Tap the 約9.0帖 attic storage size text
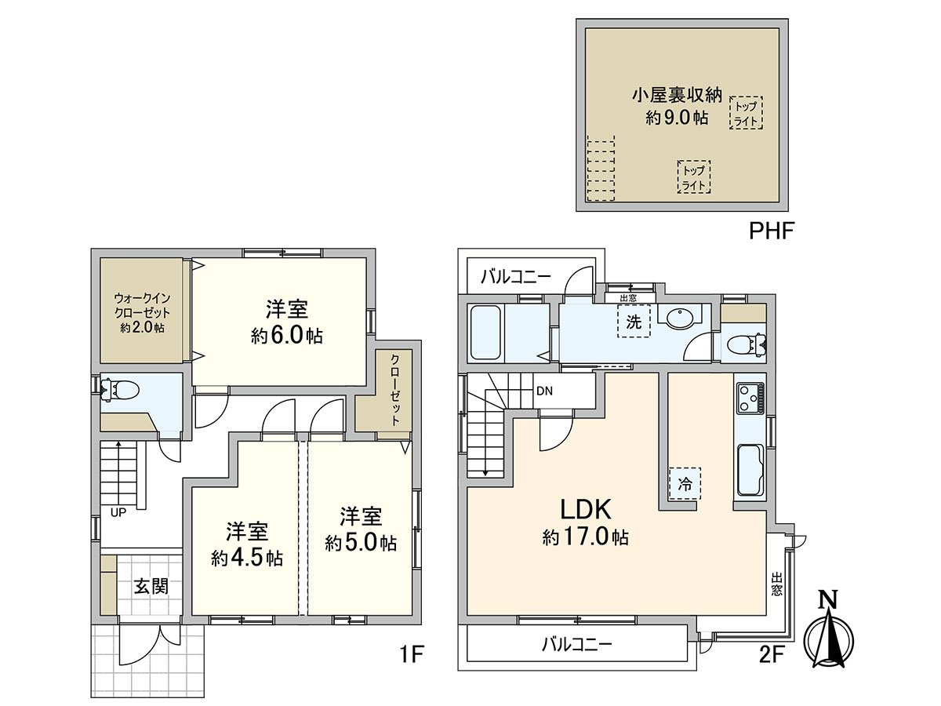tap(677, 118)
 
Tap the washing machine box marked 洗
tap(634, 321)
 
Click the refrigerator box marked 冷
tap(685, 484)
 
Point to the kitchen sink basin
tap(750, 469)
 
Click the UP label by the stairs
tap(118, 513)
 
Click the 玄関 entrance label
tap(150, 586)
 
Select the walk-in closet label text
tap(142, 313)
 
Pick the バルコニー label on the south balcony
tap(577, 646)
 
